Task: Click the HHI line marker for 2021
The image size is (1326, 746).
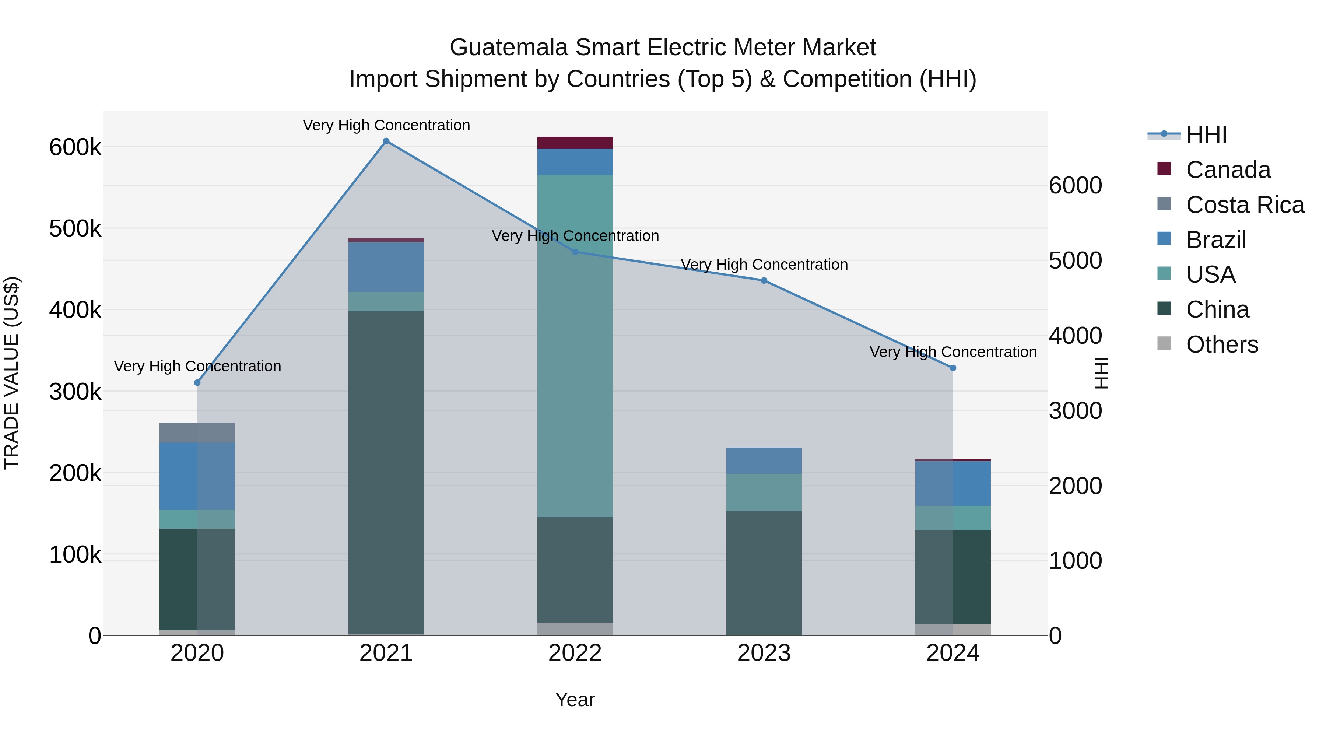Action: click(386, 141)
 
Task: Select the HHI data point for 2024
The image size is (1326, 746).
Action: click(953, 368)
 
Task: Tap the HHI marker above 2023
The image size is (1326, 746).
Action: click(764, 281)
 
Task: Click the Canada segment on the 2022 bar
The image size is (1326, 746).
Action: click(575, 143)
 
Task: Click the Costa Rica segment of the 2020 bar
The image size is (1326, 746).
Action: click(197, 432)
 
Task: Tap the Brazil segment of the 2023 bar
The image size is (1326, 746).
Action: click(764, 461)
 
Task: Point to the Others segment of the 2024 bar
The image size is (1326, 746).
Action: click(953, 630)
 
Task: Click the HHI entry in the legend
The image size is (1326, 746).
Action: click(1206, 135)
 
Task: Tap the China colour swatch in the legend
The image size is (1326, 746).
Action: click(1164, 309)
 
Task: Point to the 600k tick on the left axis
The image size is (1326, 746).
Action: click(75, 147)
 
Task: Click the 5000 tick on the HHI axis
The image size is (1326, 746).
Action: click(1075, 260)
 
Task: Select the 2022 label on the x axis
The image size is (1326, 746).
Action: click(575, 653)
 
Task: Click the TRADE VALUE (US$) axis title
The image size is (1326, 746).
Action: click(11, 373)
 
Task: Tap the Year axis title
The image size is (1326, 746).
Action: click(575, 700)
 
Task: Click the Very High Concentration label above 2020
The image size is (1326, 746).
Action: click(197, 366)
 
